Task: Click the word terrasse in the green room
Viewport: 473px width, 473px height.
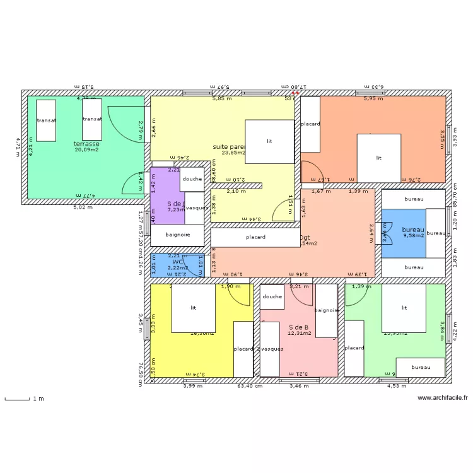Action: pyautogui.click(x=86, y=144)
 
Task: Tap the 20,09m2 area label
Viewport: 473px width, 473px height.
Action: pyautogui.click(x=86, y=150)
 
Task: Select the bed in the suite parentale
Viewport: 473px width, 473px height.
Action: pyautogui.click(x=269, y=142)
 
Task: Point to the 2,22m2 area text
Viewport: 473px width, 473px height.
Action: pyautogui.click(x=177, y=267)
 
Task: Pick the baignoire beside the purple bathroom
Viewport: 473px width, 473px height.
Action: pyautogui.click(x=178, y=235)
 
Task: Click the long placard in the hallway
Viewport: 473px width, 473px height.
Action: pyautogui.click(x=255, y=237)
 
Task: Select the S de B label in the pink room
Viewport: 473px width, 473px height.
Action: pyautogui.click(x=298, y=327)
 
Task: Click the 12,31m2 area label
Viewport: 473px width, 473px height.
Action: pyautogui.click(x=299, y=334)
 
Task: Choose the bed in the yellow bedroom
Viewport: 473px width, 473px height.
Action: pyautogui.click(x=194, y=308)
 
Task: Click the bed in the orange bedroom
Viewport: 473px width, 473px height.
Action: pyautogui.click(x=379, y=158)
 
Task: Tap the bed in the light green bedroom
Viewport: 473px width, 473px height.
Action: pyautogui.click(x=404, y=308)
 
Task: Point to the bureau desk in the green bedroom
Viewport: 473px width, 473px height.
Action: pyautogui.click(x=421, y=367)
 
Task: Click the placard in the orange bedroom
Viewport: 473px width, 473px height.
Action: pyautogui.click(x=310, y=124)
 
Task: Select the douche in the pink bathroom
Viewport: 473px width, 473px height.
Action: pyautogui.click(x=272, y=296)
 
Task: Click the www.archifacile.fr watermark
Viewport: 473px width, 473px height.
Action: pyautogui.click(x=443, y=397)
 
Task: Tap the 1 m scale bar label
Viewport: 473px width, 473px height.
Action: pyautogui.click(x=38, y=399)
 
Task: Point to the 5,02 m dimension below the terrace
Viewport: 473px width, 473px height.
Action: pyautogui.click(x=83, y=207)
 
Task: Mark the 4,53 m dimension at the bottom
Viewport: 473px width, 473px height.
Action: pyautogui.click(x=395, y=386)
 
